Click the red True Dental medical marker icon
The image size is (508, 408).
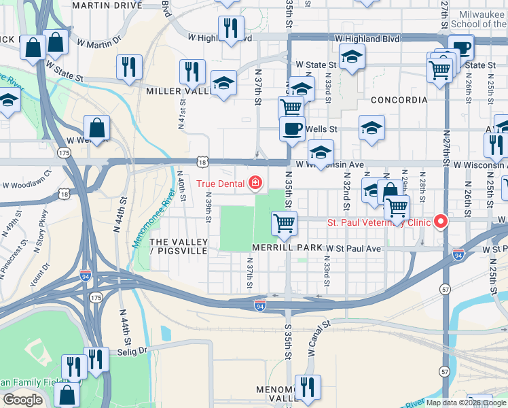tap(255, 183)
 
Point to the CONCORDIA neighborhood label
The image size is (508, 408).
tap(399, 100)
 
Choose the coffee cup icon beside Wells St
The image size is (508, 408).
tap(292, 129)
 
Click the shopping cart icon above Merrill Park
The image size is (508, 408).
tap(284, 222)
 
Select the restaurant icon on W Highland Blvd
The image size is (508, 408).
tap(231, 29)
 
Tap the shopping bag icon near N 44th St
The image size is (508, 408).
tap(97, 128)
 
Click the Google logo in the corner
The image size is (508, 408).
tap(22, 401)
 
